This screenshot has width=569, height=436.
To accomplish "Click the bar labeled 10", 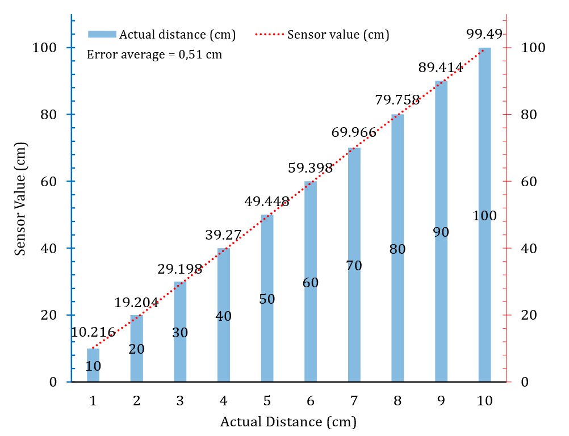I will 93,372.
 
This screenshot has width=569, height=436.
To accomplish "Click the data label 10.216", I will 93,333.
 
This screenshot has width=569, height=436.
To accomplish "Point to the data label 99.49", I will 484,33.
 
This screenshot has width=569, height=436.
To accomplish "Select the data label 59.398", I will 310,167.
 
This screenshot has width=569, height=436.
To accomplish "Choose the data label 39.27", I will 223,234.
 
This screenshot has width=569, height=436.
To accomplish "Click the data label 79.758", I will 398,100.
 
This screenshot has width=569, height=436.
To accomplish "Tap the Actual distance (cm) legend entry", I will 162,34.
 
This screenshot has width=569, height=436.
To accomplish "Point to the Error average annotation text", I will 154,55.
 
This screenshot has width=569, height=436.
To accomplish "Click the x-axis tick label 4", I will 223,401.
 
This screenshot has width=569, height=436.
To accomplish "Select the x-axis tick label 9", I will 441,401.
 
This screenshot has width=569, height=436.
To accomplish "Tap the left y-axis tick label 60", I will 49,182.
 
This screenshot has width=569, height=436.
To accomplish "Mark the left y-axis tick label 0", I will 53,382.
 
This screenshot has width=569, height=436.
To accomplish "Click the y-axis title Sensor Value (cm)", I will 20,205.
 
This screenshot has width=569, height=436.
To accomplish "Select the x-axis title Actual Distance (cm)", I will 288,422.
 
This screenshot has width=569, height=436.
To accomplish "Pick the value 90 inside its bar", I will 441,232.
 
